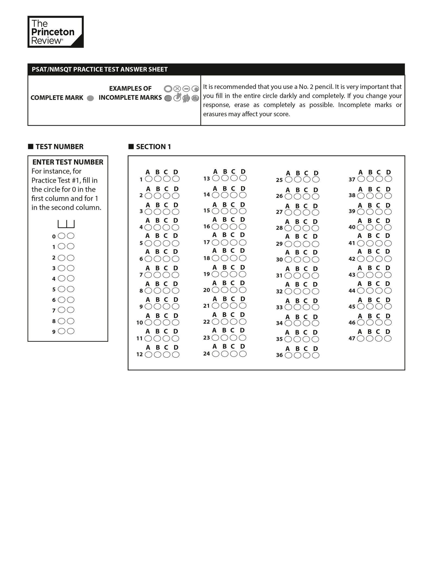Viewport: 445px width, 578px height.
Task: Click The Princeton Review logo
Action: [x=55, y=32]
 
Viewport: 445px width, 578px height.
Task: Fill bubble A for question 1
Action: [x=149, y=179]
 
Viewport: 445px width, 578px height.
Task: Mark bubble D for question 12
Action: [x=176, y=354]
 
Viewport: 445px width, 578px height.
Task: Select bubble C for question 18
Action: [x=234, y=258]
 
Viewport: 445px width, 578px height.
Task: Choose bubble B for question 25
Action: [x=298, y=179]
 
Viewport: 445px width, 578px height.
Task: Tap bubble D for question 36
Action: [x=316, y=355]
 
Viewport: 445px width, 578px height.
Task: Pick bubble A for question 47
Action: [x=361, y=338]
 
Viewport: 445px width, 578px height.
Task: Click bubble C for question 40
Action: [x=379, y=227]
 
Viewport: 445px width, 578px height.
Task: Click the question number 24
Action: [x=206, y=354]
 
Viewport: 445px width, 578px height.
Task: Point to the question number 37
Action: [x=352, y=179]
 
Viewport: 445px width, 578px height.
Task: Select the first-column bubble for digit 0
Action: [x=62, y=236]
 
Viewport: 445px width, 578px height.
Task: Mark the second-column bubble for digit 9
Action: [x=71, y=331]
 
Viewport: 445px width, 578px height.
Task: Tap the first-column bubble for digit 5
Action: [x=62, y=289]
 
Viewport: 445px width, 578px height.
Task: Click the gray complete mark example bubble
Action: [x=90, y=98]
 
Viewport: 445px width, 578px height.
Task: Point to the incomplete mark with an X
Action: [x=177, y=89]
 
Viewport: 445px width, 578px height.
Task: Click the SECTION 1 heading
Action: [x=153, y=147]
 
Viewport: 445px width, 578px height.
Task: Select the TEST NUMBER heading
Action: [x=59, y=147]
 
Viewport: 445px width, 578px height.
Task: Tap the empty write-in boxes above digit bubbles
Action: [x=66, y=224]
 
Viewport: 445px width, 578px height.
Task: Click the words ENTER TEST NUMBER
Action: [x=68, y=162]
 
